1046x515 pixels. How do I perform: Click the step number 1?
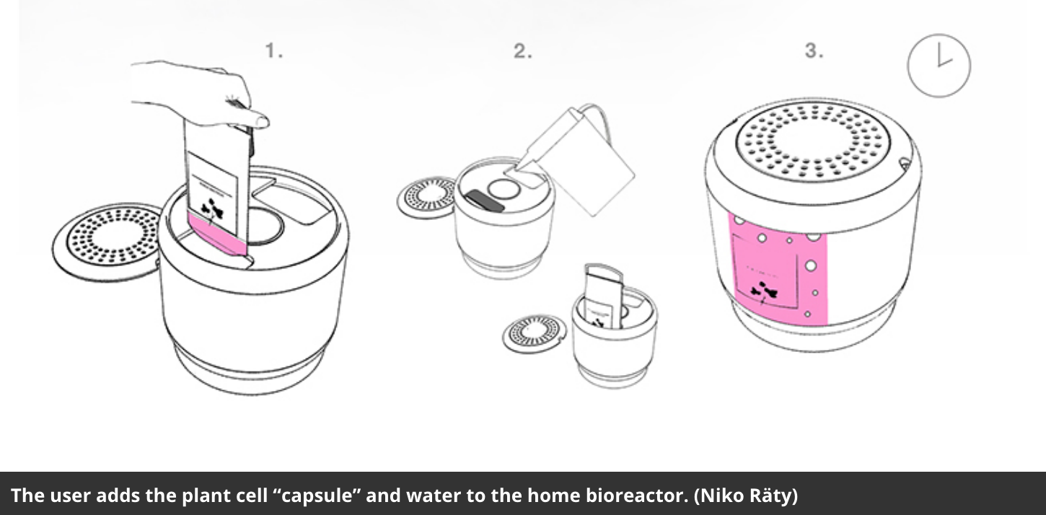click(273, 51)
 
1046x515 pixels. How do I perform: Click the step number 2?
click(522, 51)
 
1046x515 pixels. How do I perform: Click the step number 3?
click(814, 51)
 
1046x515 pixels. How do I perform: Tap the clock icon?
click(939, 66)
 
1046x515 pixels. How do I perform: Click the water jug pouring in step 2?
click(584, 159)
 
